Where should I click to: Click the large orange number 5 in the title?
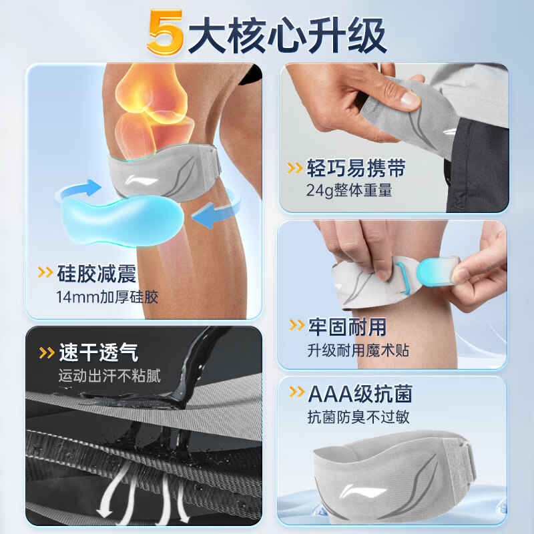click(x=166, y=33)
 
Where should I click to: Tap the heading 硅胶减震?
click(x=97, y=274)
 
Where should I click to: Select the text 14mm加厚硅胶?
click(x=107, y=297)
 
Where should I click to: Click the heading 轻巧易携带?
click(x=356, y=168)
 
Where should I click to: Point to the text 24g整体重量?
click(x=349, y=190)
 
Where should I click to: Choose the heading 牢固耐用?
click(x=347, y=327)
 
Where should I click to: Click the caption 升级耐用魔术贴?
click(x=358, y=350)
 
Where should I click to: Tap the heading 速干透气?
click(x=99, y=352)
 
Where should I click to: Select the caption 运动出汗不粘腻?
click(x=109, y=376)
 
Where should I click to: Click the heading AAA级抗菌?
click(x=360, y=394)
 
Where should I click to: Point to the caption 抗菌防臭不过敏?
click(x=358, y=417)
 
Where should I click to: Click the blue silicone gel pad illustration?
click(x=121, y=220)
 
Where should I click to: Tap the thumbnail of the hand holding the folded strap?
click(x=394, y=138)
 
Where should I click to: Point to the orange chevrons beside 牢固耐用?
click(x=296, y=325)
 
